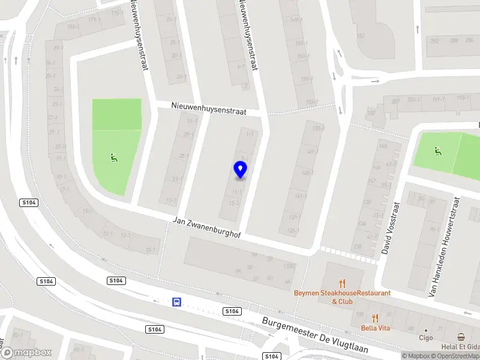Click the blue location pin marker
240,170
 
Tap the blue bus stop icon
177,302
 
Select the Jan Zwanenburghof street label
206,228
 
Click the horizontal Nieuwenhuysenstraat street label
209,108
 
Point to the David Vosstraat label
390,227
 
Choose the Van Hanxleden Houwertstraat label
443,247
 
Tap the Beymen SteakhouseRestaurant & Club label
342,297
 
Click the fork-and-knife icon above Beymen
343,283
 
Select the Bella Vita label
376,328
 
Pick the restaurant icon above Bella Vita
376,318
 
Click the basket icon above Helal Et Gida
461,337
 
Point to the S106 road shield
155,329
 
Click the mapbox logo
26,352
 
